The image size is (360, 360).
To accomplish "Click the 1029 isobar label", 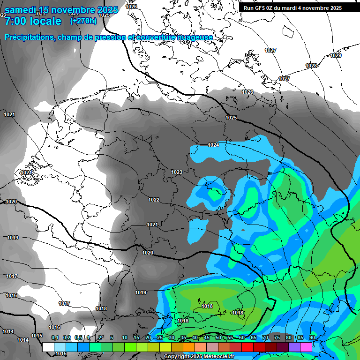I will (x=336, y=55).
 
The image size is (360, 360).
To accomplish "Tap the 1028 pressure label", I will (x=311, y=66).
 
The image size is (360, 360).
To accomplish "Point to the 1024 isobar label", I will (x=213, y=145).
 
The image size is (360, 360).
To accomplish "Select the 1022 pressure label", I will (x=154, y=200).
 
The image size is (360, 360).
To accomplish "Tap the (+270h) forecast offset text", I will (x=83, y=21).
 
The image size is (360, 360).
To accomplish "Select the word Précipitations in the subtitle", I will (x=29, y=37).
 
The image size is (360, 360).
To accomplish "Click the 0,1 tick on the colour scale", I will (x=55, y=337).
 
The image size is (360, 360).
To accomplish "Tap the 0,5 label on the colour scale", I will (x=78, y=337).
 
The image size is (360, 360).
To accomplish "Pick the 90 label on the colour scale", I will (x=312, y=337).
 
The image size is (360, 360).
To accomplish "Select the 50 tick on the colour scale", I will (x=218, y=337).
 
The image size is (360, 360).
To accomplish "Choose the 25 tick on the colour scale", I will (x=160, y=337).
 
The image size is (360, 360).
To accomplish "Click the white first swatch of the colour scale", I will (x=48, y=347).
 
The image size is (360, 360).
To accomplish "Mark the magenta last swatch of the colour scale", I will (x=306, y=347).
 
